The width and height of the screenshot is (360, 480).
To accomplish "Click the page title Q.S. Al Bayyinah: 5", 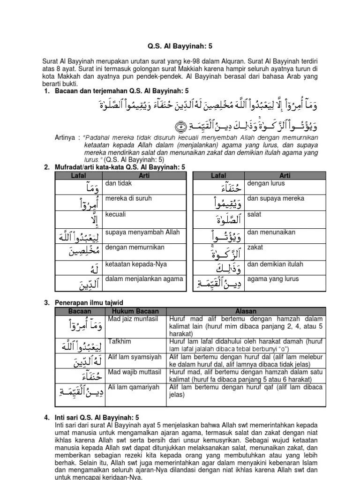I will [x=180, y=46].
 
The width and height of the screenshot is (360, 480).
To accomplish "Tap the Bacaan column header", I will [x=80, y=311].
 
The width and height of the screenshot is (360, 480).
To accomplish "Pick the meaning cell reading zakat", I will [x=255, y=247].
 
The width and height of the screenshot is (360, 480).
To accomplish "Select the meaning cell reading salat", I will [x=255, y=214].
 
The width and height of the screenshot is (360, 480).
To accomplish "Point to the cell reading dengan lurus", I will [x=266, y=183].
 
